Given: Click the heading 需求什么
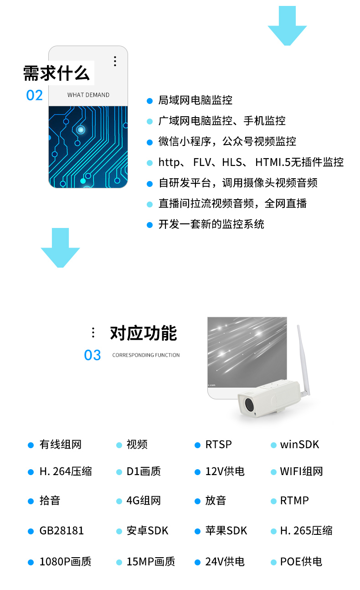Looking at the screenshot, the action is pos(57,73).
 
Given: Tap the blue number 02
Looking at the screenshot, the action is pos(34,95).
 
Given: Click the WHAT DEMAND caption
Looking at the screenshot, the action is pos(88,95).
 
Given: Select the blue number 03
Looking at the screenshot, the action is pos(93,355).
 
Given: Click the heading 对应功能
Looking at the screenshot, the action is pos(144,333).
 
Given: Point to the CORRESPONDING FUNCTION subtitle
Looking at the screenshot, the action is pos(146,355).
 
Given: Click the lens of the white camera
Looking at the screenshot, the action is pos(249,404).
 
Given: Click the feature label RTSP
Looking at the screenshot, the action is pos(218,445).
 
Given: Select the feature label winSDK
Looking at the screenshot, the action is pos(299,445).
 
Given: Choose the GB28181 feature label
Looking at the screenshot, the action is pos(62,531).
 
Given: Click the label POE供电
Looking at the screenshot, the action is pos(301,562).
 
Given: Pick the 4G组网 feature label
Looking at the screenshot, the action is pos(144,501).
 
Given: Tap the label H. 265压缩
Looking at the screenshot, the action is pos(306,531).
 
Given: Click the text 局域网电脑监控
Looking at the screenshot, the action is pos(195,100).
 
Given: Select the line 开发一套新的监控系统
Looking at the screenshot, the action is pos(211,224).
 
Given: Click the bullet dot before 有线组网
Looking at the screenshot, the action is pos(31,445).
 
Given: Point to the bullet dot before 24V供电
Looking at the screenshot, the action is pos(197,562).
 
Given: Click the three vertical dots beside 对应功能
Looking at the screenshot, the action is pos(93,332).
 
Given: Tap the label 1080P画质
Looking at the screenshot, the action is pos(65,562).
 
